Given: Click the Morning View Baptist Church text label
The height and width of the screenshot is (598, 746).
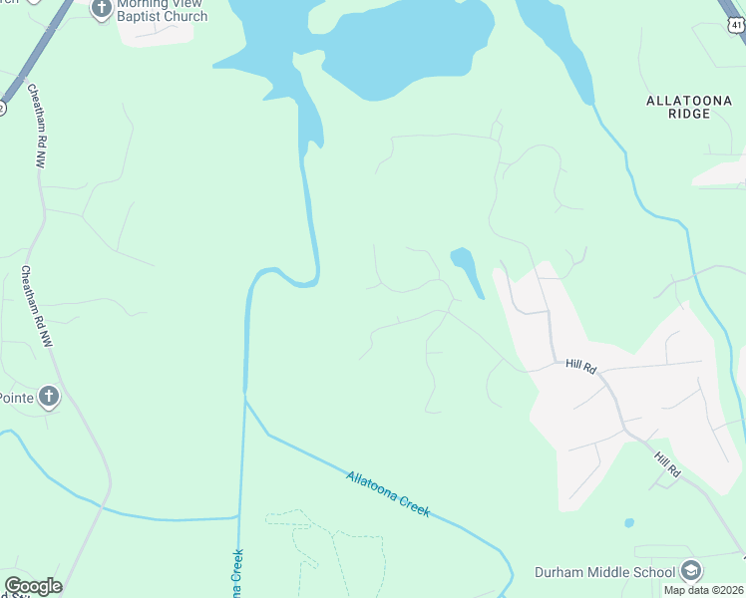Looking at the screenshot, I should pos(163,10).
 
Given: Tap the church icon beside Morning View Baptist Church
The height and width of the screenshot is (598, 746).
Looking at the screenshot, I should pos(101,9).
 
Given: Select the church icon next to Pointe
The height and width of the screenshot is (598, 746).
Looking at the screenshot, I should pos(49,398).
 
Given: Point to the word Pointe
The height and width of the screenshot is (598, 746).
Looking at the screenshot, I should pos(16,398).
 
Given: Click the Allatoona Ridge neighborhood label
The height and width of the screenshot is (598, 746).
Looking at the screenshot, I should pos(691,107).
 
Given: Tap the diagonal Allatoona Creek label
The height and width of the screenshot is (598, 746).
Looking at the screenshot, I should pos(389,492).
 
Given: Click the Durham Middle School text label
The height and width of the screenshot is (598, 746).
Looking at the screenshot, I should pos(604,572).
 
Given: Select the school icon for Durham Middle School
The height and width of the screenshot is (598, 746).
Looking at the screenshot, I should pos(691,571).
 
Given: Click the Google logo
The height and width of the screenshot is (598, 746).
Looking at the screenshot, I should pos(33,586).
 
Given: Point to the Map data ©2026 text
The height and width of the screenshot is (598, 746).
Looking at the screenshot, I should pos(703,590).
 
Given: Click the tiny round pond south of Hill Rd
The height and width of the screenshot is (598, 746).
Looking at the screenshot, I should pos(628,522).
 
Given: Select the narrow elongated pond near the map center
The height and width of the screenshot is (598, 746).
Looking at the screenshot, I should pos(468,270).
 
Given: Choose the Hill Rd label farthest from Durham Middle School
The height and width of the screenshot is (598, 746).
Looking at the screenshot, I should pos(580,367).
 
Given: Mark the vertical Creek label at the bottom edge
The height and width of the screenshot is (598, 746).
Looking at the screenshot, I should pos(239,576).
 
